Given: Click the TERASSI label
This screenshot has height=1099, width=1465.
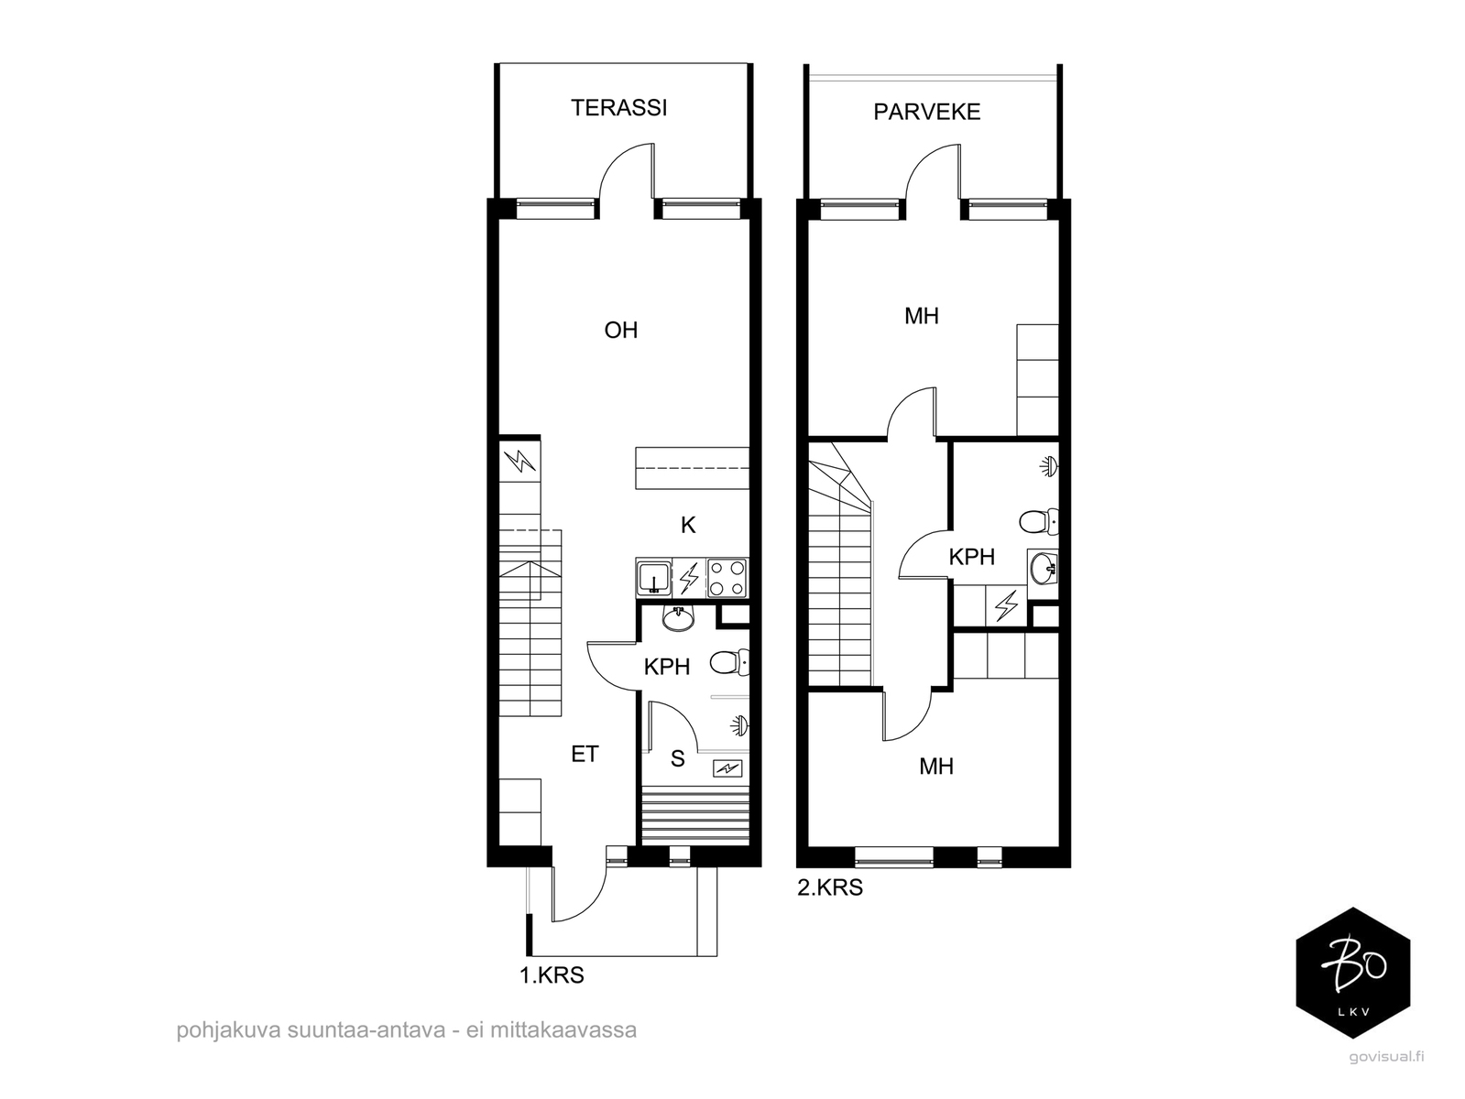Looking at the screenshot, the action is point(618,108).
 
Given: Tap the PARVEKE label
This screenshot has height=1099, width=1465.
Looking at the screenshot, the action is point(927,112).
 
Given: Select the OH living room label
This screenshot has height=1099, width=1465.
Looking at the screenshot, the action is point(620,330).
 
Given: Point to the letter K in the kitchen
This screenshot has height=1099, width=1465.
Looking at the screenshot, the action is point(688,526).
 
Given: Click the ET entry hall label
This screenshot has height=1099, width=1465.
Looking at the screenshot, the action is point(585,755).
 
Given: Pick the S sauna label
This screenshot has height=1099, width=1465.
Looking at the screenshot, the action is point(677,759).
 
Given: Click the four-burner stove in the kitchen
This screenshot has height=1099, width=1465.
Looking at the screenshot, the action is point(727,578).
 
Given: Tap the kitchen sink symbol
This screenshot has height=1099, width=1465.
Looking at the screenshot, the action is point(654,578).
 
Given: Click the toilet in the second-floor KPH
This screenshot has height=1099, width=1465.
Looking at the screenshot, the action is point(1039,521).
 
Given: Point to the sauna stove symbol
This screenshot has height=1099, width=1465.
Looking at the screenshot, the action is point(727,769).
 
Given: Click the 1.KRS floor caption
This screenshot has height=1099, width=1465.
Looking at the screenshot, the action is point(552,975).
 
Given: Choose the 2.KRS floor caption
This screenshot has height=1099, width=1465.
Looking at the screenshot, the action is point(830,887).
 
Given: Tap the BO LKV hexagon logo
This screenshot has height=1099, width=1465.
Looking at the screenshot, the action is point(1353,973).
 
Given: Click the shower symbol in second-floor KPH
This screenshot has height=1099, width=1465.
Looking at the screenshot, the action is point(1049,465).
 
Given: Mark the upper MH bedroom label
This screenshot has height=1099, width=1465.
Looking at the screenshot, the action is point(922,316).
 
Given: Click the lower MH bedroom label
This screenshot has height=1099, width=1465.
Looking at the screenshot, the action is point(936,767).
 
